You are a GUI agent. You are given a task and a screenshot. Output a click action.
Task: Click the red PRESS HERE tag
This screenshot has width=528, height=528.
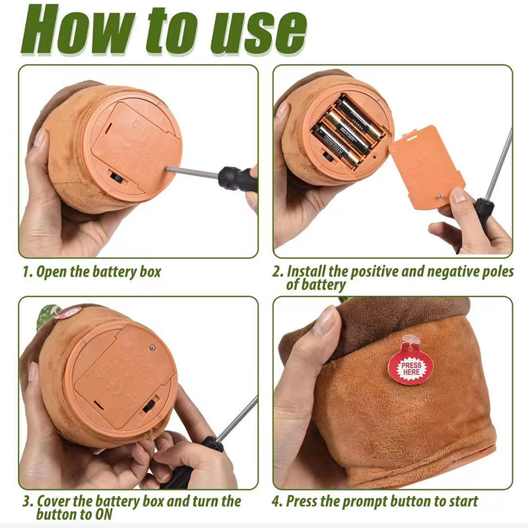click(411, 369)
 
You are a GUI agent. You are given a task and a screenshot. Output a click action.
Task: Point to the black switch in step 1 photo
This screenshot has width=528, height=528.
click(117, 178)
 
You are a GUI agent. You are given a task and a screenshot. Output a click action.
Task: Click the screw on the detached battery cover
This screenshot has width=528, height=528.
click(440, 195)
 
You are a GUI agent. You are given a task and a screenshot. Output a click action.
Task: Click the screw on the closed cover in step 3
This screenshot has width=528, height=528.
click(152, 348)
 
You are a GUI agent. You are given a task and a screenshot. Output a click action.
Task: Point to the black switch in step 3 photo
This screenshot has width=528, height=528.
click(150, 405)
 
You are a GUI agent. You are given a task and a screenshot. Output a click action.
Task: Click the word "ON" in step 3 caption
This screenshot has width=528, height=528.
click(104, 515)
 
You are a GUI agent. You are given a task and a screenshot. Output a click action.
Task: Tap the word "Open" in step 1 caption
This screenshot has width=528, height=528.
click(51, 272)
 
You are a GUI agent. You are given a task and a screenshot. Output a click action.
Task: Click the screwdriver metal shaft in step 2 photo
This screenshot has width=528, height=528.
click(498, 164)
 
